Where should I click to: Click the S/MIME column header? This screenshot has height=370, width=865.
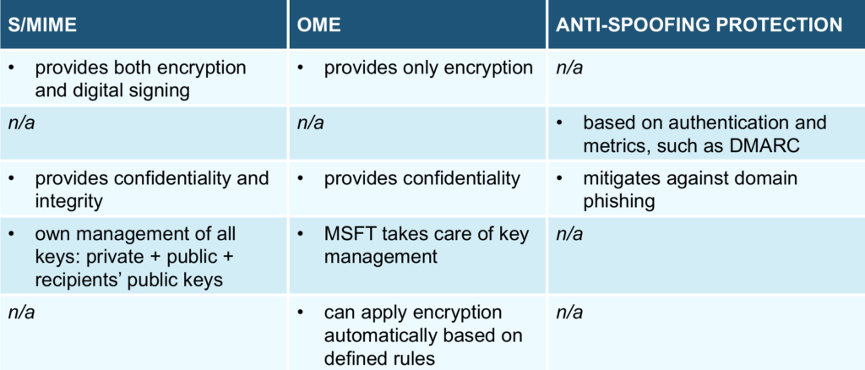[42, 25]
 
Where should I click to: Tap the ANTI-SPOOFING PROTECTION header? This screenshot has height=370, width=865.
[699, 25]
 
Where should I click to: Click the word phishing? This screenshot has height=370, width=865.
[619, 201]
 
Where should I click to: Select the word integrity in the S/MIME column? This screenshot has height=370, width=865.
[68, 201]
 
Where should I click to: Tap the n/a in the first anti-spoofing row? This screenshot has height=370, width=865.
[569, 68]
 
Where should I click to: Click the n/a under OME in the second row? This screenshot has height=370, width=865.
[310, 123]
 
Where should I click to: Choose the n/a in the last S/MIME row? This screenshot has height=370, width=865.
[21, 313]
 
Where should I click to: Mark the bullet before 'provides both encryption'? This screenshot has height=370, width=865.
[13, 68]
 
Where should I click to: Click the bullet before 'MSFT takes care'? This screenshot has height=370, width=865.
[302, 234]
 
